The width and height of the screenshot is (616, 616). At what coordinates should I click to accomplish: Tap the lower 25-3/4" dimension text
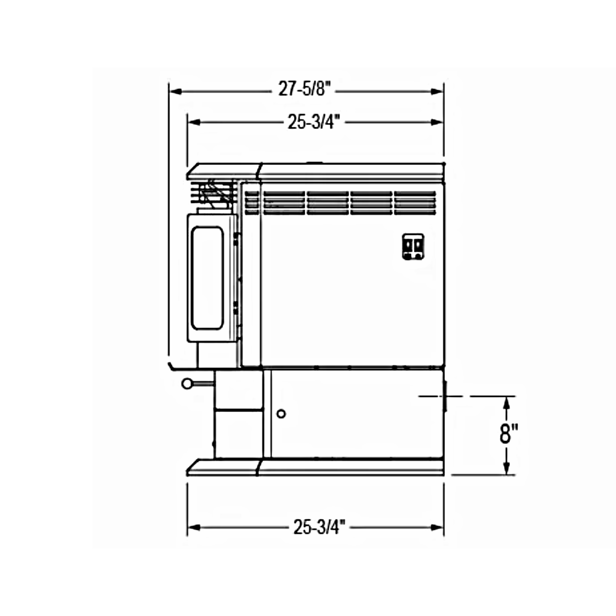tap(320, 527)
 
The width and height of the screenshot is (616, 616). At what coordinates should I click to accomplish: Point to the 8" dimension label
tap(509, 434)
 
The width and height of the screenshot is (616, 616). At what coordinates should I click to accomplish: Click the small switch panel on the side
tap(414, 246)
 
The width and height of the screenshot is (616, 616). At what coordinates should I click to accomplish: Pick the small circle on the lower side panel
tap(281, 414)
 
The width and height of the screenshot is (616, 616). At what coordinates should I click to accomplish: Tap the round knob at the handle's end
tap(187, 383)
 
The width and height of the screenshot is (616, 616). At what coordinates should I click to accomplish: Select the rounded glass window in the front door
tap(207, 278)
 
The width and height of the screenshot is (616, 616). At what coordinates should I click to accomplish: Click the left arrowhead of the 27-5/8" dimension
tap(176, 91)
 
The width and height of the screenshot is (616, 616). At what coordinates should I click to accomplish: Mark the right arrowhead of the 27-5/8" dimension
tap(437, 91)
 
